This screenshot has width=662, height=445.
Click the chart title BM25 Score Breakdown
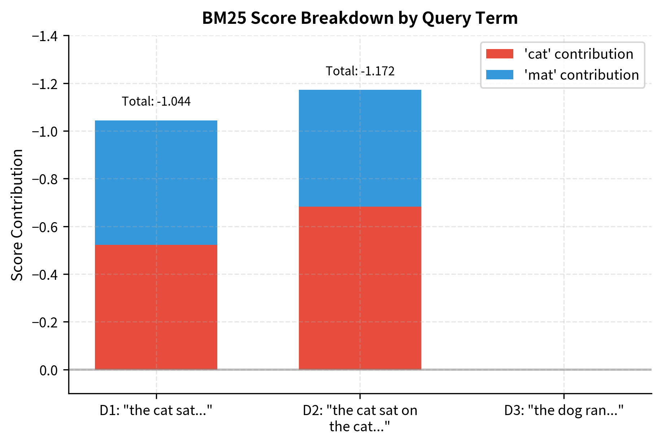pyautogui.click(x=360, y=18)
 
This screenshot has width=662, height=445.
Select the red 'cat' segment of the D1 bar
pyautogui.click(x=156, y=307)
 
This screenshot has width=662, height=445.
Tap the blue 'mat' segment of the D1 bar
pyautogui.click(x=156, y=182)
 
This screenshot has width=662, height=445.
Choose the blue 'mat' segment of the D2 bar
pyautogui.click(x=360, y=148)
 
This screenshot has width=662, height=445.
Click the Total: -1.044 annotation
pyautogui.click(x=156, y=102)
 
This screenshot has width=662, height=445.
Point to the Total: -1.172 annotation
pyautogui.click(x=360, y=71)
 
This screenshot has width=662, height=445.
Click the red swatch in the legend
pyautogui.click(x=499, y=54)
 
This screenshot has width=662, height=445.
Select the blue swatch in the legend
pyautogui.click(x=499, y=75)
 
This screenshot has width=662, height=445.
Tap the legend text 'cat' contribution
pyautogui.click(x=579, y=54)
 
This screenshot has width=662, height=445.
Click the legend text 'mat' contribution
pyautogui.click(x=581, y=75)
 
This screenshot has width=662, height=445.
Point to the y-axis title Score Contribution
pyautogui.click(x=17, y=215)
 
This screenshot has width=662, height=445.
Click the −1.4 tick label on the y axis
pyautogui.click(x=47, y=36)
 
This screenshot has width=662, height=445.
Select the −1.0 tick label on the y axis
pyautogui.click(x=47, y=131)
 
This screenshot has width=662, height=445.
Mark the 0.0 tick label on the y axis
pyautogui.click(x=49, y=370)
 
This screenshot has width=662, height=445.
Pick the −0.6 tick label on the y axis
pyautogui.click(x=47, y=227)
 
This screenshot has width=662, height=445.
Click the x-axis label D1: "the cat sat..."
pyautogui.click(x=156, y=411)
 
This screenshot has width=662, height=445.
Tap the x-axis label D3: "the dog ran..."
pyautogui.click(x=564, y=411)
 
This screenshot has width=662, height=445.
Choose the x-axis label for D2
pyautogui.click(x=360, y=418)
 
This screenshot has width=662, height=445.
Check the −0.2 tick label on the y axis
pyautogui.click(x=47, y=322)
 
